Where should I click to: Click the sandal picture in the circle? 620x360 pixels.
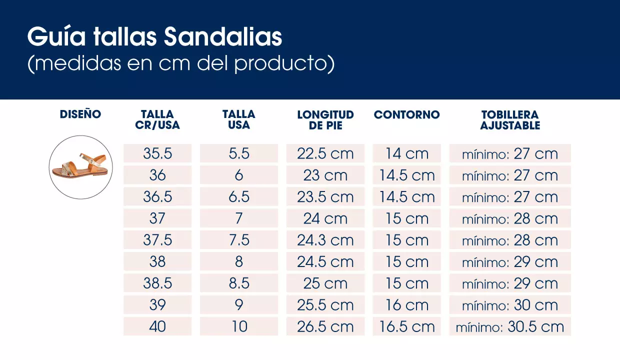pos(81,167)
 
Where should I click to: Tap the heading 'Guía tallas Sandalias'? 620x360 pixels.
pos(154,37)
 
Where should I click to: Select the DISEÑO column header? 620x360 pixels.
pos(80,114)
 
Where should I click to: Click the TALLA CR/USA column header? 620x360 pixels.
pos(157,120)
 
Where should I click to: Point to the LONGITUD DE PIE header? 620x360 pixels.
pos(325,120)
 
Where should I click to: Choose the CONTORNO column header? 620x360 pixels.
pos(406,115)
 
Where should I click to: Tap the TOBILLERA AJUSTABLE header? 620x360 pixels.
pos(510,120)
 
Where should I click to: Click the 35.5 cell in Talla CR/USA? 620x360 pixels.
pos(157,153)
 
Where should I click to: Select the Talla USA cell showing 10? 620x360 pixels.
pos(239,326)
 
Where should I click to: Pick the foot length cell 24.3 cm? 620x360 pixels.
pos(325,240)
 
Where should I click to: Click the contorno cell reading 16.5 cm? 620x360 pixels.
pos(406,326)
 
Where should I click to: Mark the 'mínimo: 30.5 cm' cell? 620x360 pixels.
pos(510,326)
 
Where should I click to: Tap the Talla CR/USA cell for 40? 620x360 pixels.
pos(157,326)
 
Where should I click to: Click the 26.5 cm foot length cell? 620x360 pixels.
pos(325,326)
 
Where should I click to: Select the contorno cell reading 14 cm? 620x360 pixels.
pos(406,153)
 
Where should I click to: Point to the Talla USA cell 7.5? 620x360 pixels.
pos(239,240)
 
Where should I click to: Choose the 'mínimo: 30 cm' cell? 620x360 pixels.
pos(510,305)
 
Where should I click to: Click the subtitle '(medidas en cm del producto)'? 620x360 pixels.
pos(180,64)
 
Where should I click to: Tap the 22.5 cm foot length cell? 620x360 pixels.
pos(325,153)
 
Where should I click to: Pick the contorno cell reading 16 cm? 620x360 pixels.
pos(406,305)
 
